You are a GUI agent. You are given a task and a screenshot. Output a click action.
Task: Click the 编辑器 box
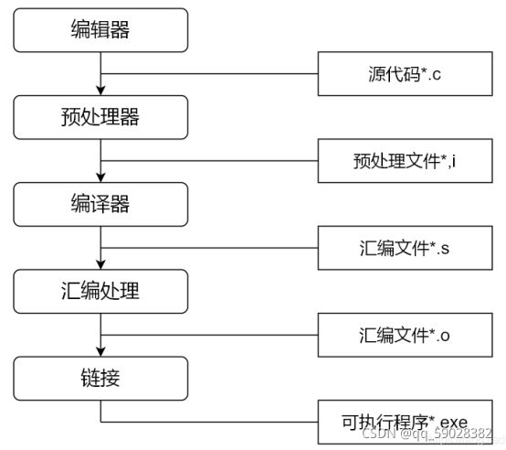pyautogui.click(x=100, y=29)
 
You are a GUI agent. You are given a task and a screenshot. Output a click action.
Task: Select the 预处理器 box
pyautogui.click(x=100, y=116)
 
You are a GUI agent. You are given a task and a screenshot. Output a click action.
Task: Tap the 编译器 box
pyautogui.click(x=100, y=203)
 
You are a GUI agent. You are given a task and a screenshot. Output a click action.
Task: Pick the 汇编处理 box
pyautogui.click(x=100, y=291)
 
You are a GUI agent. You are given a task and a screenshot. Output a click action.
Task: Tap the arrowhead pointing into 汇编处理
pyautogui.click(x=100, y=264)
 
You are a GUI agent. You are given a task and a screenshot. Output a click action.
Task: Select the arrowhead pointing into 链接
pyautogui.click(x=100, y=351)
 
